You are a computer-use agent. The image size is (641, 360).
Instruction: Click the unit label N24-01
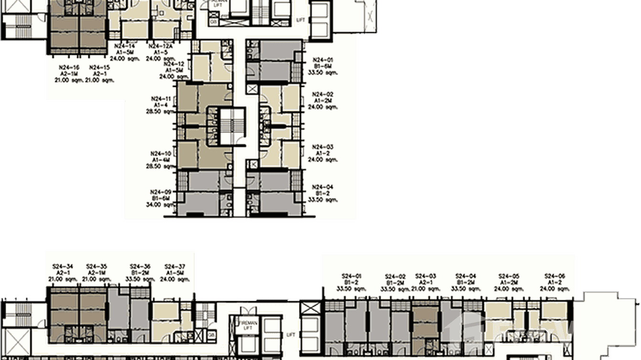(323, 60)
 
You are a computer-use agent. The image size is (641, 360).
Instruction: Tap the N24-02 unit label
(323, 95)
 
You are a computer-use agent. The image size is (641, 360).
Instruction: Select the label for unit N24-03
(323, 147)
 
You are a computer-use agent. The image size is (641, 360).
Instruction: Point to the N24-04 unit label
(323, 187)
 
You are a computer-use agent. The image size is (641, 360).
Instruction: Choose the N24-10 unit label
(160, 154)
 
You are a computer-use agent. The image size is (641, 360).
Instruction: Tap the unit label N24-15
(99, 68)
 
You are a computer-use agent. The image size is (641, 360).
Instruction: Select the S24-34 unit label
(64, 266)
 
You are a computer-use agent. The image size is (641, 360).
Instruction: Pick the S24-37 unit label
(174, 266)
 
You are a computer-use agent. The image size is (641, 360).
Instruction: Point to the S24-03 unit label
(426, 275)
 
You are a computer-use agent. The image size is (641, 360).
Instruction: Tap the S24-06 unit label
(555, 276)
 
